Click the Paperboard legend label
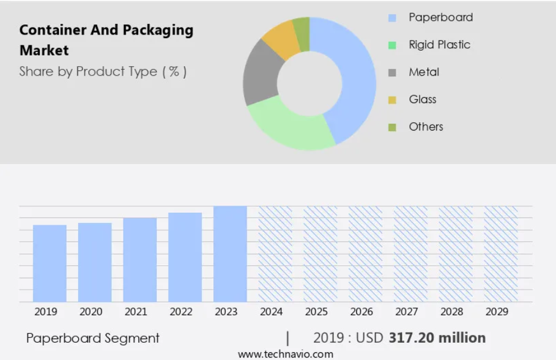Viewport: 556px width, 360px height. [x=441, y=17]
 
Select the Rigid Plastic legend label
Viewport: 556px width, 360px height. [x=439, y=45]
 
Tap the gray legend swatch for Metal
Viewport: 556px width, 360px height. [x=392, y=73]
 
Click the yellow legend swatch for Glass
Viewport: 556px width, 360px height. [x=392, y=100]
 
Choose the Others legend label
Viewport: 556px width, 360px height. [x=426, y=126]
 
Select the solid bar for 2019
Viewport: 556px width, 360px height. [x=49, y=263]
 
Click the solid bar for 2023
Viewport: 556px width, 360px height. [x=230, y=254]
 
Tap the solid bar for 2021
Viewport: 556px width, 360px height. [x=140, y=260]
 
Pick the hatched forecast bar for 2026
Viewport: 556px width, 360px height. [x=365, y=254]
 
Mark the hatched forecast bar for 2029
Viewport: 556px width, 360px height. [x=501, y=254]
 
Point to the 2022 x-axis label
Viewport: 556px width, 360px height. [x=181, y=312]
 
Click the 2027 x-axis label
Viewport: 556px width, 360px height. [x=406, y=312]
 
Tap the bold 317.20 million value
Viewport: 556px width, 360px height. [x=437, y=338]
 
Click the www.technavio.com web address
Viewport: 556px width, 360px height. [x=286, y=354]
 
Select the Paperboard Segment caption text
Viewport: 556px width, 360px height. [x=93, y=339]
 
